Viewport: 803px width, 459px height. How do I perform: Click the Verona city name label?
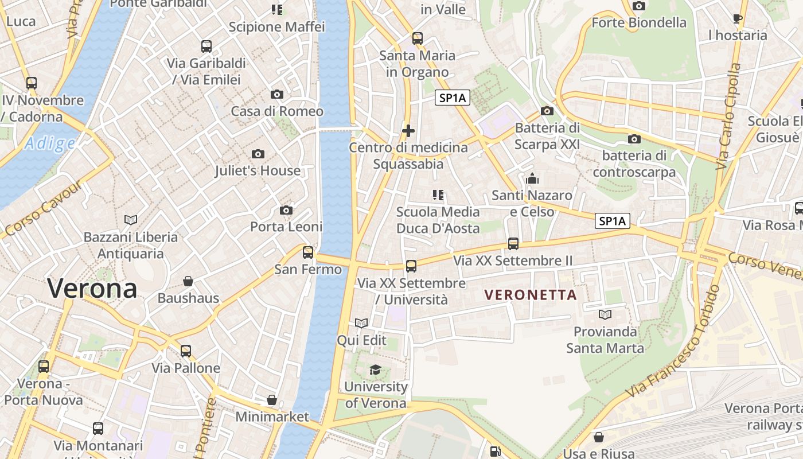tap(92, 288)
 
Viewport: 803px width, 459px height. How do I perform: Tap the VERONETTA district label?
tap(531, 295)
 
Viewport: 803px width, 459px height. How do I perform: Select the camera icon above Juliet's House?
tap(258, 154)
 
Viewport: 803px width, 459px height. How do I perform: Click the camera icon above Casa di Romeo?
tap(277, 94)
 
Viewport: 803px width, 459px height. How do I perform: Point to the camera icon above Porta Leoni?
tap(286, 211)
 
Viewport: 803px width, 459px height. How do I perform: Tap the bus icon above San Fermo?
tap(308, 252)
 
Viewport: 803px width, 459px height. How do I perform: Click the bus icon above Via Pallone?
tap(185, 351)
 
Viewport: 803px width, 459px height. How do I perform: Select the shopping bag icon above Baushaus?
tap(188, 281)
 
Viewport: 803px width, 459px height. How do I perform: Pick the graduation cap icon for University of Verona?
tap(375, 370)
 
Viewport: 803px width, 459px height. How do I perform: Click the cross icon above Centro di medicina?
tap(408, 131)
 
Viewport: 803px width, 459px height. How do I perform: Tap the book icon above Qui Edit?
tap(361, 324)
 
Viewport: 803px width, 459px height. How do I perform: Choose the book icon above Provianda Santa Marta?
tap(605, 314)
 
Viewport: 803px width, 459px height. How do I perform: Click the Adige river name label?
tap(49, 143)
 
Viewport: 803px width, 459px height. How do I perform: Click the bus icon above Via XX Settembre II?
tap(513, 244)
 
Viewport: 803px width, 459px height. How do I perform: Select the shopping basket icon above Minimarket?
tap(272, 400)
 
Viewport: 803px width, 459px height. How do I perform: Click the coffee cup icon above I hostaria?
tap(738, 18)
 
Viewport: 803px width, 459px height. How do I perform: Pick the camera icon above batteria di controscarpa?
tap(634, 139)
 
